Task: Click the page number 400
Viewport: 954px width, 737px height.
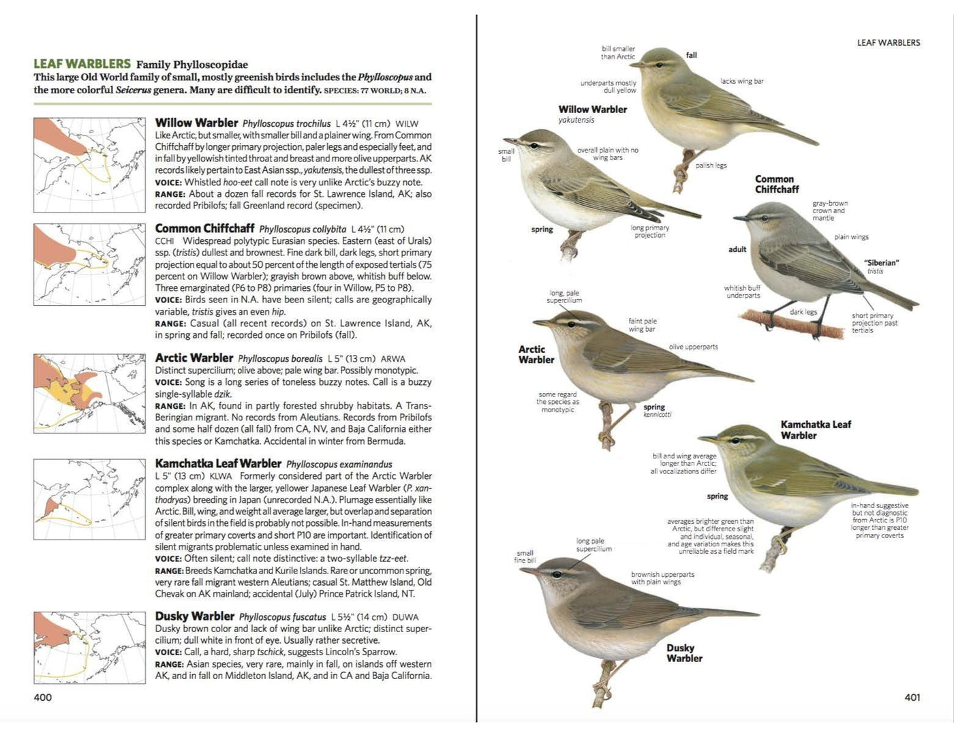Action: [42, 697]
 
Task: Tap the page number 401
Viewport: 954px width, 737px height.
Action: [912, 697]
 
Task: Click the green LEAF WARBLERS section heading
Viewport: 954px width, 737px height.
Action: [82, 64]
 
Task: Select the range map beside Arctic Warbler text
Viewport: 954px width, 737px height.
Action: [89, 393]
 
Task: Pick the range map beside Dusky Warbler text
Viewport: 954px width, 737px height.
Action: [89, 647]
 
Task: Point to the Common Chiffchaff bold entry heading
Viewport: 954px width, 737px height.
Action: [204, 228]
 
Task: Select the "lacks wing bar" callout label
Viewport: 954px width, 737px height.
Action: [741, 81]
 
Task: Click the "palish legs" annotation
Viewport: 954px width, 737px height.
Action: [711, 166]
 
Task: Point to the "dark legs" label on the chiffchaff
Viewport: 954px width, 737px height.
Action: [803, 312]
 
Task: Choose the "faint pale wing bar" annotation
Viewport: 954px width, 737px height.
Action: [642, 325]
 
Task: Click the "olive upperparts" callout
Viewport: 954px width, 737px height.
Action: [693, 347]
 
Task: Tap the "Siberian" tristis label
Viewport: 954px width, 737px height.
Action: [881, 266]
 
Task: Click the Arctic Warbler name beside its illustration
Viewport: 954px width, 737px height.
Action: [536, 354]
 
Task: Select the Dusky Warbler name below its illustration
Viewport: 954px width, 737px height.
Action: [683, 653]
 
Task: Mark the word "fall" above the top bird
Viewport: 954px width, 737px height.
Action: [691, 55]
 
